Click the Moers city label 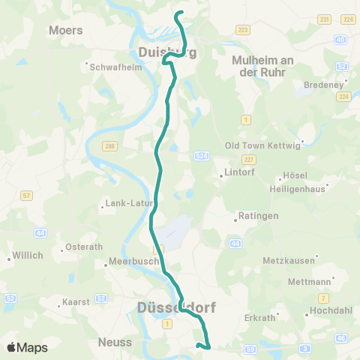coord(65,30)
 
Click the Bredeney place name coord(322,85)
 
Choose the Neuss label coord(115,342)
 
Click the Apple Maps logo coord(28,347)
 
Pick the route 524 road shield coord(200,155)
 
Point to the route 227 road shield coord(249,159)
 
